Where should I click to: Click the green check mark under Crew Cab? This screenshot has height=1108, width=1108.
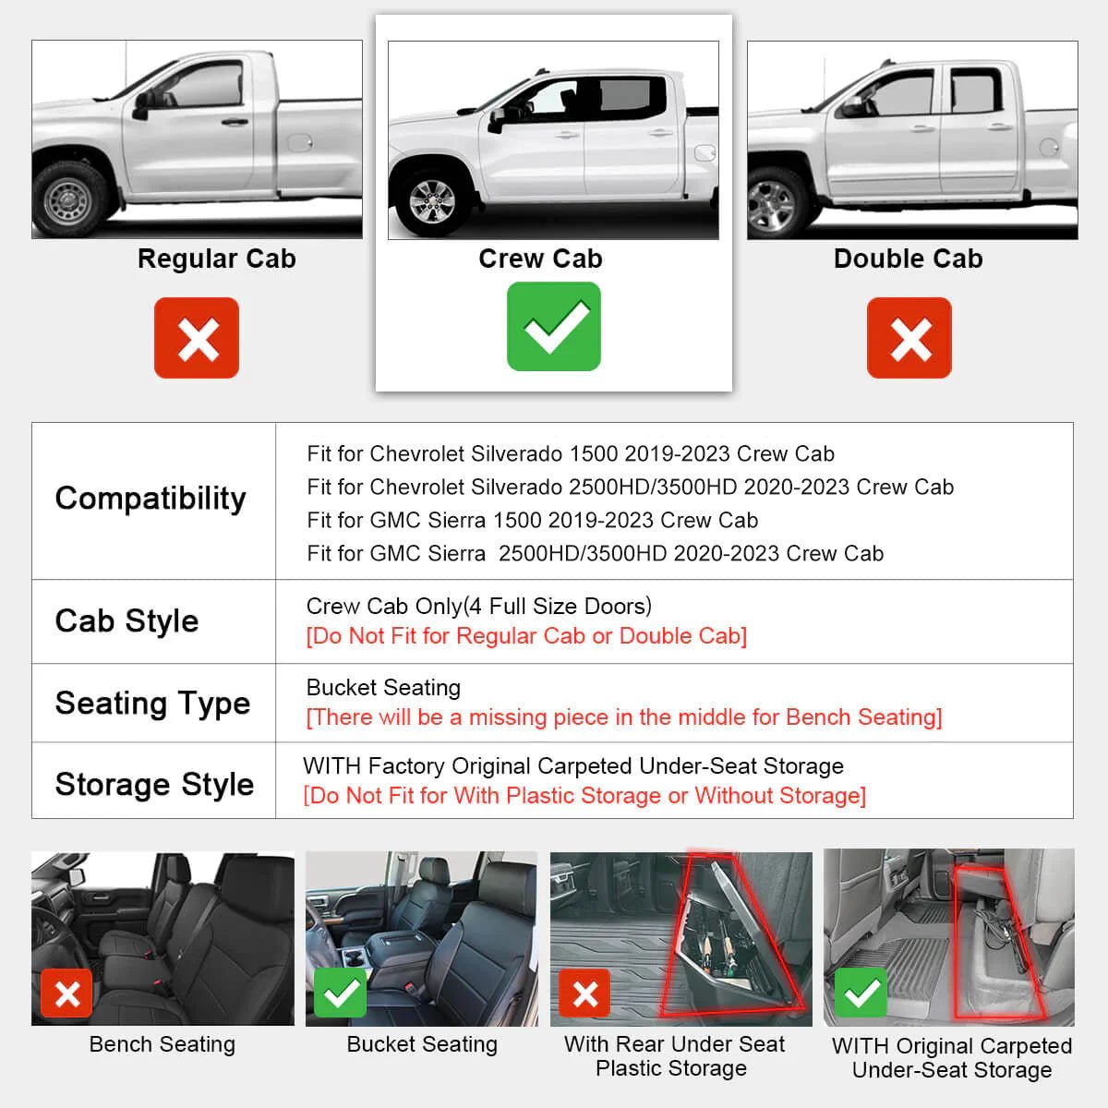point(554,326)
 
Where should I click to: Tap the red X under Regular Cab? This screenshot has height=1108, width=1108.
point(197,338)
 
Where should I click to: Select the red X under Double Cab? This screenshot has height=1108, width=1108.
point(909,338)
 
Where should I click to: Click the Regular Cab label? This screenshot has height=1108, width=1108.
point(217,259)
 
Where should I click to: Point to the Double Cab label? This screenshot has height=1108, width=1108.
point(908,259)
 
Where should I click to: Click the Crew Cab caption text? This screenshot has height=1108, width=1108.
point(540,259)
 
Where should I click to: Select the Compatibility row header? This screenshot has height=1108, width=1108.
point(151,499)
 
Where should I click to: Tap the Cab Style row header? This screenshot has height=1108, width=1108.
point(126,620)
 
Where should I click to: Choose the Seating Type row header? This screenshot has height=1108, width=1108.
point(152,703)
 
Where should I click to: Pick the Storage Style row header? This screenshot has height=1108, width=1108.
point(154,784)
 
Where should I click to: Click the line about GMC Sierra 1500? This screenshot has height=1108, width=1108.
point(533,520)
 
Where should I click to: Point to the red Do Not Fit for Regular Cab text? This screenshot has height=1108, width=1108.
point(526,636)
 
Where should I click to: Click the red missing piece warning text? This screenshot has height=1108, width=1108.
point(624,717)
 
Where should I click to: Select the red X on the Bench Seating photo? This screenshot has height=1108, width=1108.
point(66,994)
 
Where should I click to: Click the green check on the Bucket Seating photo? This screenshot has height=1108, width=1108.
point(341,993)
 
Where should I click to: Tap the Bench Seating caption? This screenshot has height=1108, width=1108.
point(163,1044)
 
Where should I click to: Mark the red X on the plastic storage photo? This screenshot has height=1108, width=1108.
point(584,994)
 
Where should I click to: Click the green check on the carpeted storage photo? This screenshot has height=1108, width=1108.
point(861,993)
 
